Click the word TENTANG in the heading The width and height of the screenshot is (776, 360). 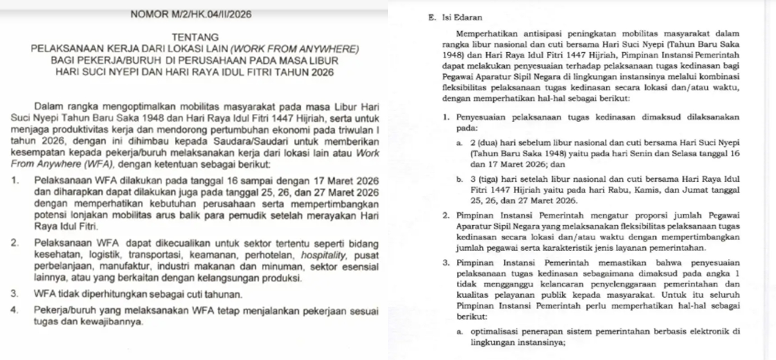pyautogui.click(x=195, y=37)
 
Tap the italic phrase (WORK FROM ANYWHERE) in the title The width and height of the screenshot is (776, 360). pyautogui.click(x=295, y=50)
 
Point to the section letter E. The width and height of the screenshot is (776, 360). pyautogui.click(x=430, y=18)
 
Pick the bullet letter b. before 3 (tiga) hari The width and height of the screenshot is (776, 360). pyautogui.click(x=459, y=179)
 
